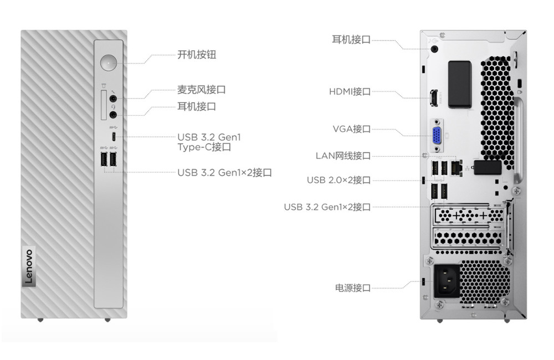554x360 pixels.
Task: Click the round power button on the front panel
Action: point(109,63)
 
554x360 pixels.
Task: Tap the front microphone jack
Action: point(113,98)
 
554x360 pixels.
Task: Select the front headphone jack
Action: point(113,115)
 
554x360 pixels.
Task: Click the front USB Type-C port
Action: point(114,137)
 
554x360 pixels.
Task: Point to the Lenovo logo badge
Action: point(29,266)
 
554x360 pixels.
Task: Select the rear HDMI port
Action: point(434,98)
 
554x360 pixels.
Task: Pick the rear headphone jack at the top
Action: point(434,49)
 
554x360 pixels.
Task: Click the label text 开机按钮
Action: point(197,55)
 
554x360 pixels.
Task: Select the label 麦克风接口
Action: point(202,90)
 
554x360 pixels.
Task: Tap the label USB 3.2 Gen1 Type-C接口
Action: point(209,142)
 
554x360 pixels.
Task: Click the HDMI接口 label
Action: point(350,91)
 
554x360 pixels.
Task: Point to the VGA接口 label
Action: point(352,129)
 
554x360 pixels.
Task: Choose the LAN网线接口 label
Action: point(343,156)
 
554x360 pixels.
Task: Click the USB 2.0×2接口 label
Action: point(339,180)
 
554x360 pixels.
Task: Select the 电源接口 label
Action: point(353,288)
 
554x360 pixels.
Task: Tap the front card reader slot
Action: point(104,105)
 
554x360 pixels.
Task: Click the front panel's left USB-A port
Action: point(104,160)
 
